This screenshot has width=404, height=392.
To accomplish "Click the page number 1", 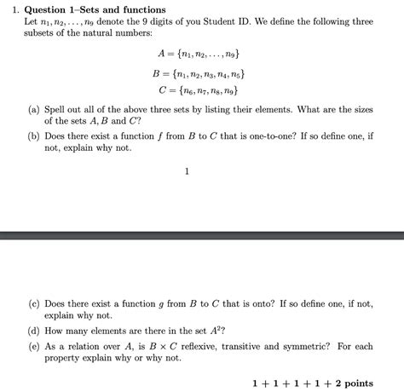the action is pyautogui.click(x=187, y=171).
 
